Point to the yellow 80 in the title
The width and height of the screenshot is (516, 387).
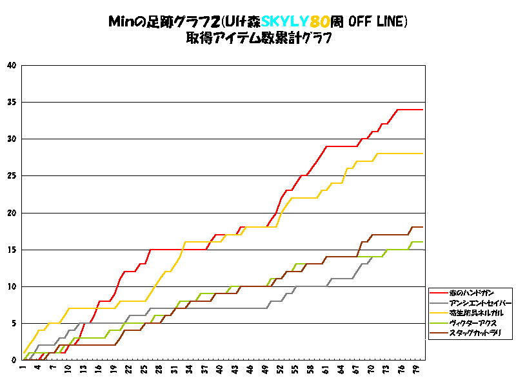point(321,22)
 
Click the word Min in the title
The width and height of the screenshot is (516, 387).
point(120,22)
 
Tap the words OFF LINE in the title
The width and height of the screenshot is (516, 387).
point(378,22)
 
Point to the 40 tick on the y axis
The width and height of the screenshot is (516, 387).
point(11,65)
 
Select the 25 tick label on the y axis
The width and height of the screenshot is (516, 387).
point(11,175)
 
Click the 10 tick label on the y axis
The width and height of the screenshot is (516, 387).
point(11,286)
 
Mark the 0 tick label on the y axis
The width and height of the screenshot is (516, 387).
point(14,360)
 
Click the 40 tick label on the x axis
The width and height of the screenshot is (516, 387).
point(220,369)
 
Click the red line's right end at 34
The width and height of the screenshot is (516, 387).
point(422,110)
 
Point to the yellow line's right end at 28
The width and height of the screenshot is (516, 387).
point(422,154)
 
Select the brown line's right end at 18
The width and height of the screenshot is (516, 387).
point(422,227)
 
